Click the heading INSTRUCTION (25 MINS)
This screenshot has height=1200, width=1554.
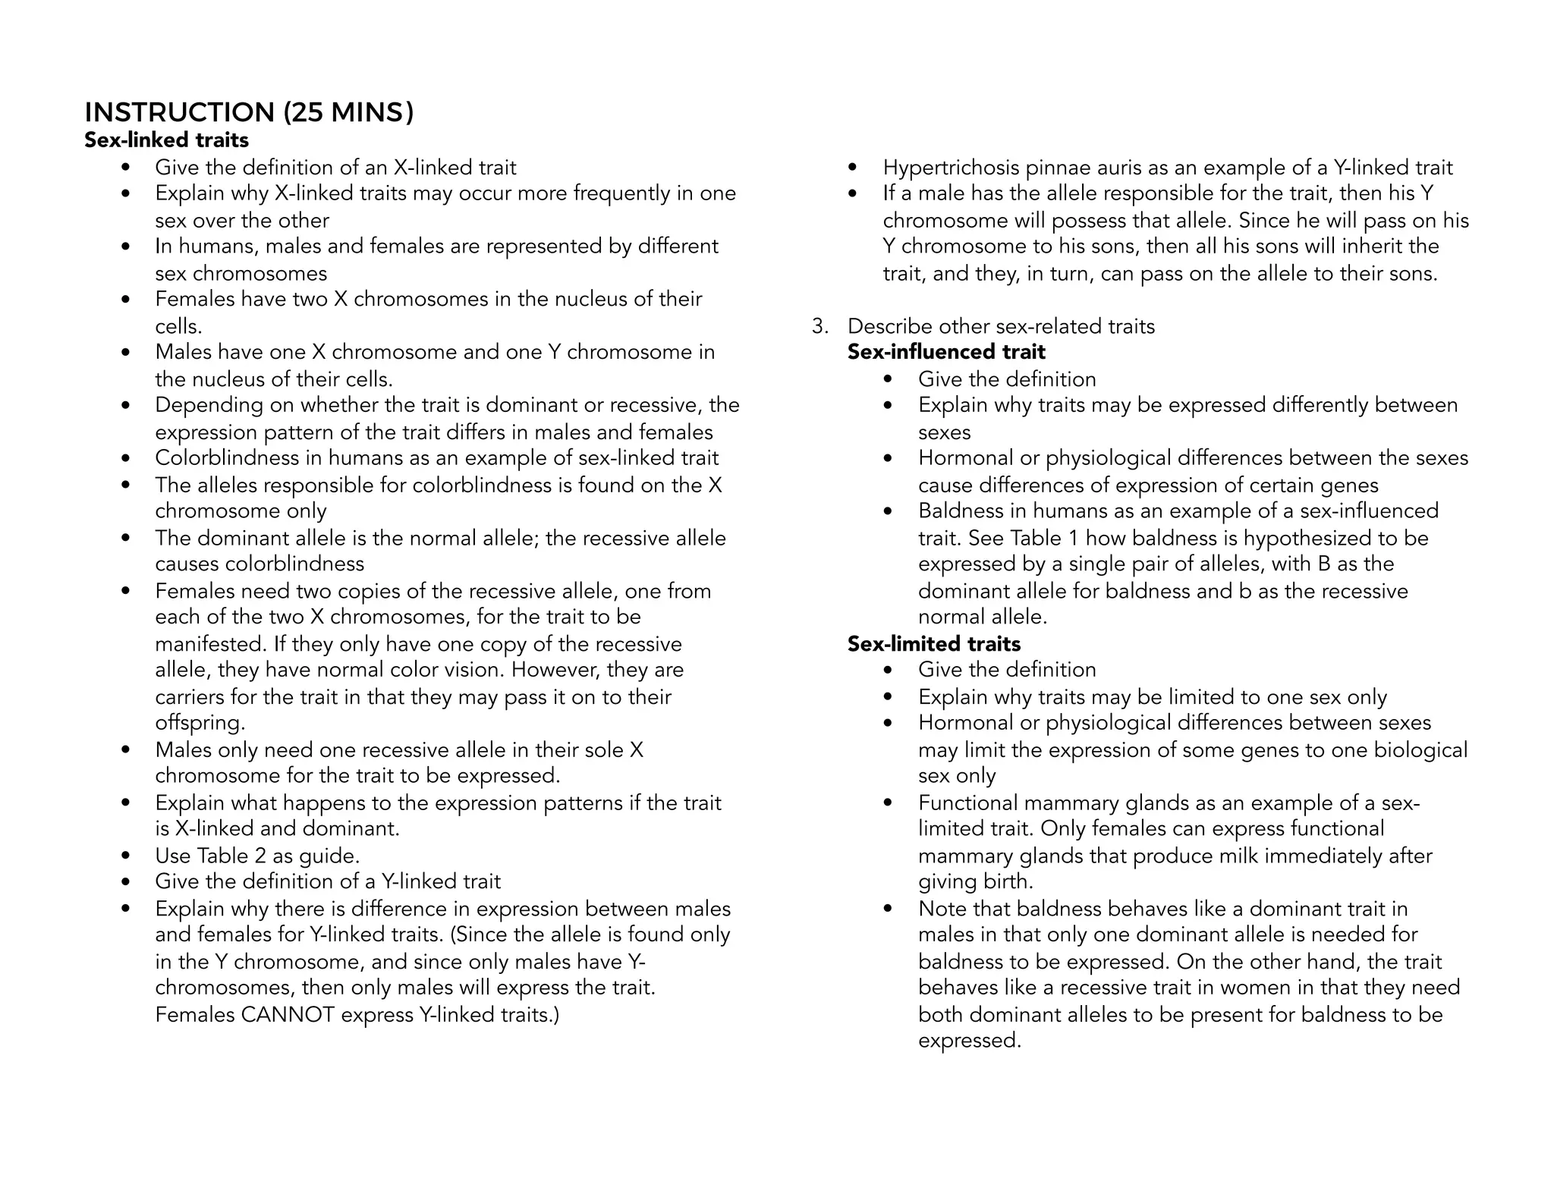pyautogui.click(x=249, y=112)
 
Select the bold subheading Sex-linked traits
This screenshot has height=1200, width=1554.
pyautogui.click(x=166, y=140)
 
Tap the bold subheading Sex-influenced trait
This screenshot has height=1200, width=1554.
pyautogui.click(x=945, y=352)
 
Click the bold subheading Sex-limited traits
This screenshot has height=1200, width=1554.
pyautogui.click(x=933, y=644)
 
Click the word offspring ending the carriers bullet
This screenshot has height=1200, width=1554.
pyautogui.click(x=200, y=723)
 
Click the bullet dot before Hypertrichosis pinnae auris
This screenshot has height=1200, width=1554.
pyautogui.click(x=853, y=168)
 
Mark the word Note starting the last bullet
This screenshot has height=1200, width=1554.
pyautogui.click(x=942, y=909)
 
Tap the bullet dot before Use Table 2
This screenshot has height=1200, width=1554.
pyautogui.click(x=126, y=856)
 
